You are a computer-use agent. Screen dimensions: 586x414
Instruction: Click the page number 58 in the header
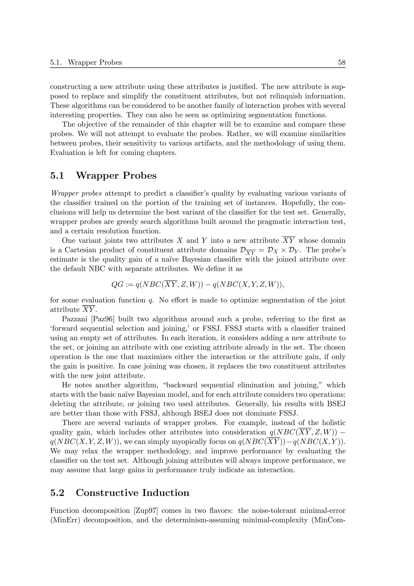click(x=342, y=62)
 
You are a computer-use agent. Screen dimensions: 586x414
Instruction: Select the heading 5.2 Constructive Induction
click(x=120, y=493)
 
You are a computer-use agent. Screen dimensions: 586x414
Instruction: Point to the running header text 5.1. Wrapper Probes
click(x=86, y=62)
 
